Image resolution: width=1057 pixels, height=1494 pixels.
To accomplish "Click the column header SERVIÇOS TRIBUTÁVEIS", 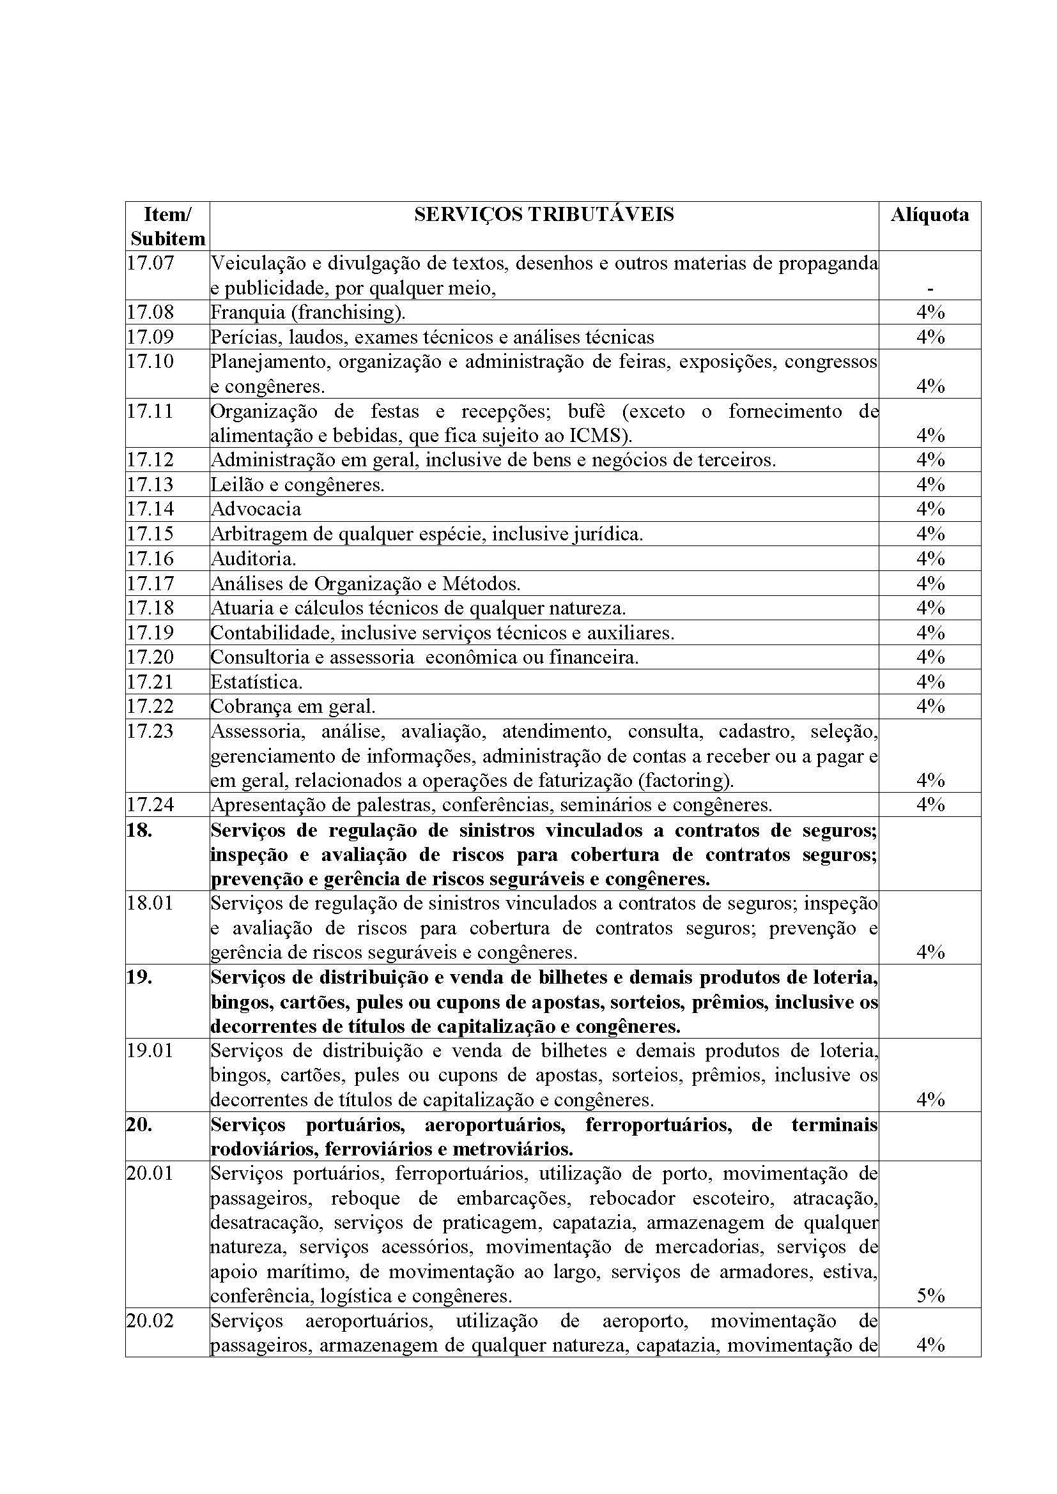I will tap(543, 214).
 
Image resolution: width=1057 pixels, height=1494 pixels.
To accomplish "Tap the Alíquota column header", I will tap(929, 214).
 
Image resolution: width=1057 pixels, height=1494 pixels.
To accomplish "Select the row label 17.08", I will tap(150, 312).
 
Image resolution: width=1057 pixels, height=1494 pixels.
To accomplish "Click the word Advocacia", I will tap(256, 509).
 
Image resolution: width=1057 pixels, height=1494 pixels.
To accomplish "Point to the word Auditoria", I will tap(253, 558).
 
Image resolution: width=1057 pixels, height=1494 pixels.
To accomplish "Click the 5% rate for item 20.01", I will tap(930, 1295).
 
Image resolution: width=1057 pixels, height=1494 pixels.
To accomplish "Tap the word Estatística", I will tap(256, 682).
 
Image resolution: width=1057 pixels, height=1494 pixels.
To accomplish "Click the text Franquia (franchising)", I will tap(308, 312).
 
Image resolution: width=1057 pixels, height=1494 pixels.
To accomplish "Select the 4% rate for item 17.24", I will tap(930, 804).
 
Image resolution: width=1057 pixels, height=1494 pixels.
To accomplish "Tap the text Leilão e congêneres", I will tap(297, 484).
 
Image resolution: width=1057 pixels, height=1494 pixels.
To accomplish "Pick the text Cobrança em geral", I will tap(293, 706).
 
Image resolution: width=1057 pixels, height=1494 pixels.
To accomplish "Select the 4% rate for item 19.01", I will tap(930, 1100).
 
